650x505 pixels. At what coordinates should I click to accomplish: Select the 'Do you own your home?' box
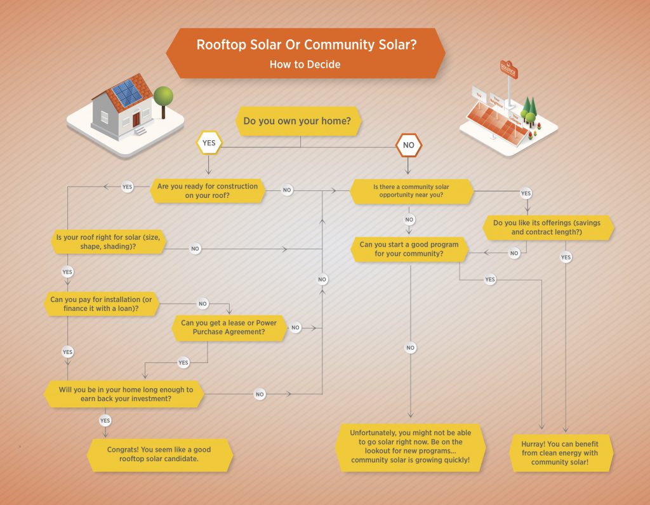(297, 121)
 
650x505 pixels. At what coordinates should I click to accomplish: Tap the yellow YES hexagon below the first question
(208, 143)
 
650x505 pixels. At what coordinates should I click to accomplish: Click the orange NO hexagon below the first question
(408, 145)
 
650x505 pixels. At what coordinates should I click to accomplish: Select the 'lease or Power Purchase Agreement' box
(229, 327)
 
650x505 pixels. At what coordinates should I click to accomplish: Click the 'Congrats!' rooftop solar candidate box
(159, 454)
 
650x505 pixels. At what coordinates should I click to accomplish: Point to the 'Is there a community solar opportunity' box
(411, 191)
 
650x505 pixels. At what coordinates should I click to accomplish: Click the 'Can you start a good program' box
(409, 249)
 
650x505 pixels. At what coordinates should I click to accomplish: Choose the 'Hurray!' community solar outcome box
(560, 453)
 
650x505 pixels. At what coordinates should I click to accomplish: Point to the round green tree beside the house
(163, 96)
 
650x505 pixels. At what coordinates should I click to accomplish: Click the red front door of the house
(136, 119)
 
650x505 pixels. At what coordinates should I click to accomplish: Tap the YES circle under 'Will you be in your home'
(105, 421)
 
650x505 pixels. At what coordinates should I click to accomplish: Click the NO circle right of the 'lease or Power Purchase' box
(295, 327)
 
